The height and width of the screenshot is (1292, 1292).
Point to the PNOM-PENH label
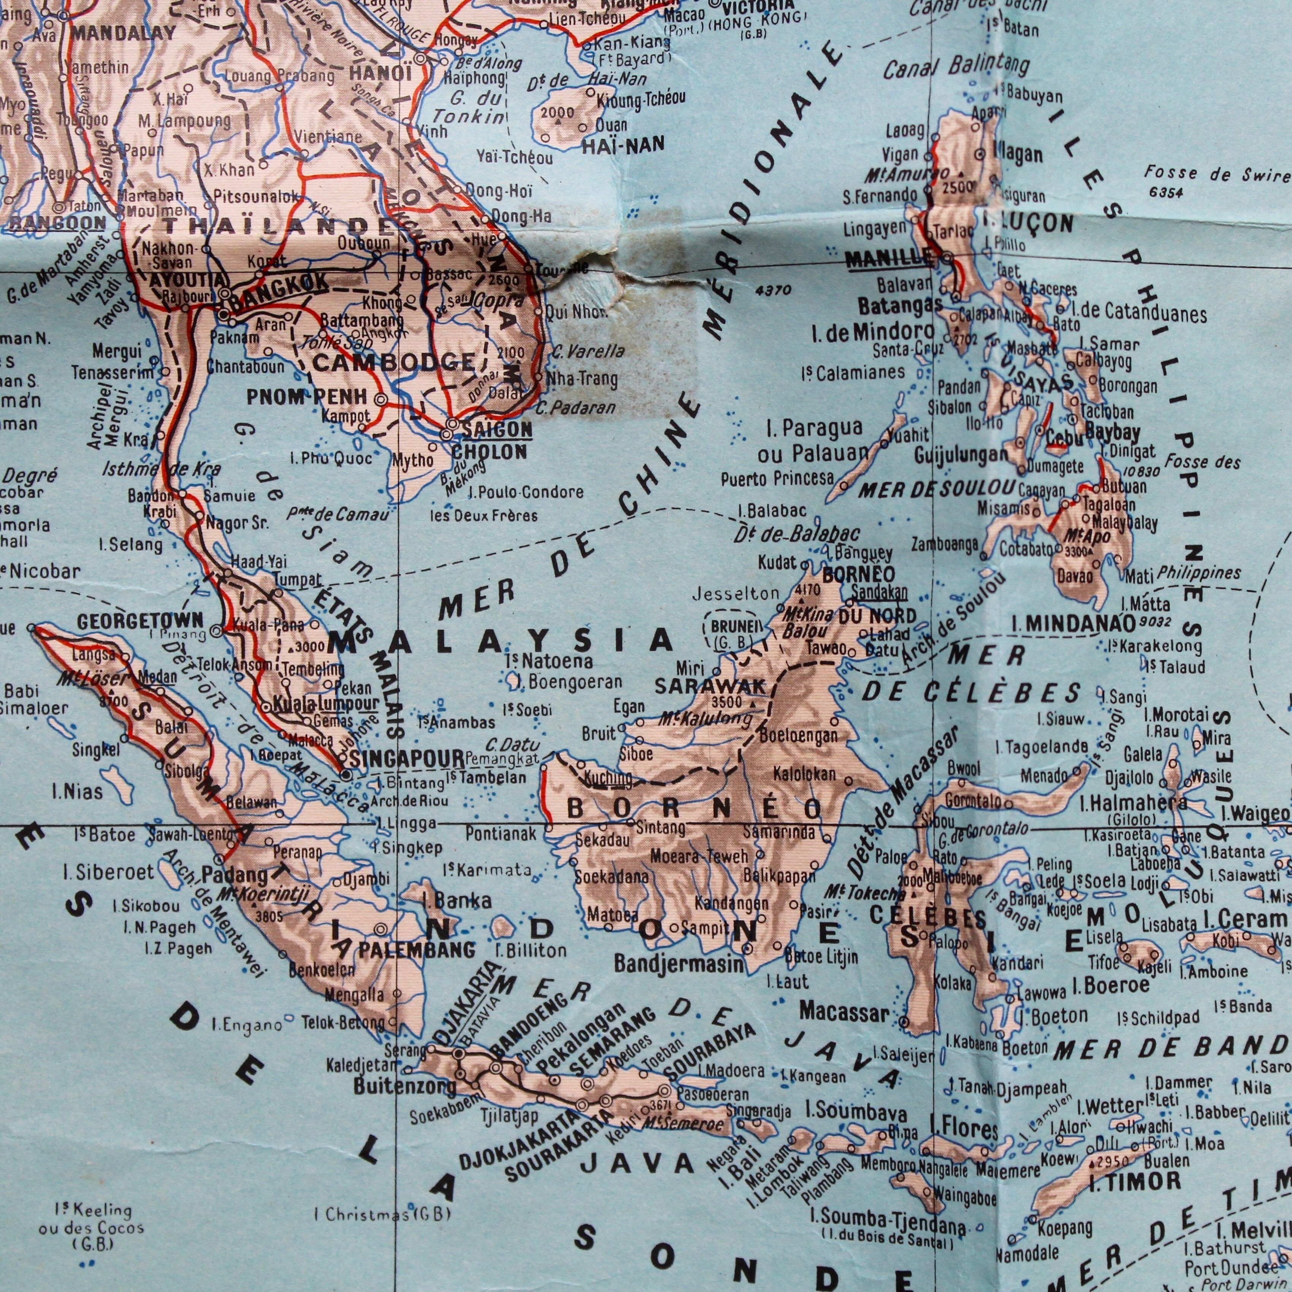[x=307, y=397]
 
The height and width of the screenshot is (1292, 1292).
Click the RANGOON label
[x=57, y=222]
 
